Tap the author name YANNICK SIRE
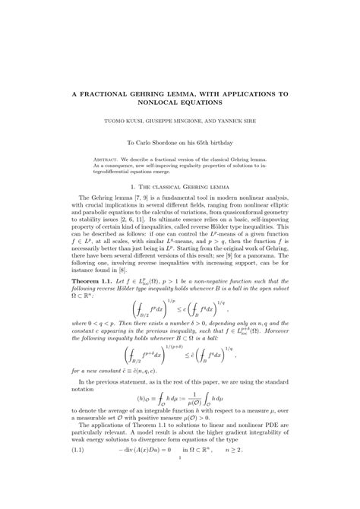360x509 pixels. (231, 120)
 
